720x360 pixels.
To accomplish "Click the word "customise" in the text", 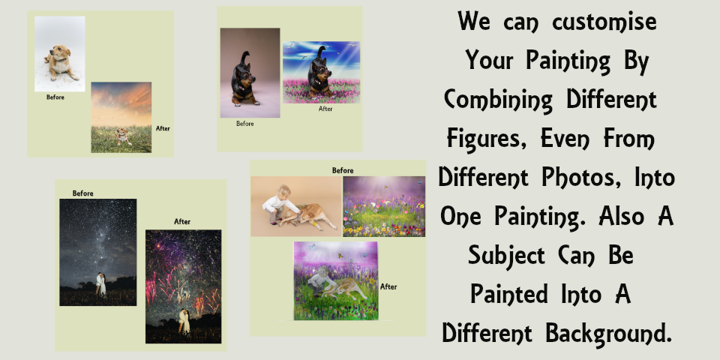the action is click(604, 22).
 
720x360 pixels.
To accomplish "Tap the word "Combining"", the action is click(498, 100).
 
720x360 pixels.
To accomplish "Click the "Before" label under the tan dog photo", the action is click(55, 97).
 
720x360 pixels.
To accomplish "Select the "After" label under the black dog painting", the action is click(325, 109).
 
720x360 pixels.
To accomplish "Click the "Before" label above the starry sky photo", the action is click(83, 193).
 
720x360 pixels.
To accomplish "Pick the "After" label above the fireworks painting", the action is click(182, 222).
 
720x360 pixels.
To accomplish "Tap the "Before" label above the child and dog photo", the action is click(343, 170).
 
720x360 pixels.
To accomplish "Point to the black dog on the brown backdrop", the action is click(244, 79).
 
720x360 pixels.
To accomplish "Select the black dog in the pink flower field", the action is click(319, 73).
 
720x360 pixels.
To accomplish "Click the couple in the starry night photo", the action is click(100, 283).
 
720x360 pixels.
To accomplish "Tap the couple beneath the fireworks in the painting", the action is click(184, 321).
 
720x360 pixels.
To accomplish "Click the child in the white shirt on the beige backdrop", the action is click(278, 204).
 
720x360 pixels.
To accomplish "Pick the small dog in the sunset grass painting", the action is click(121, 136).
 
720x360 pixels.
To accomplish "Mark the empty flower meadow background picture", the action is click(384, 207).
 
